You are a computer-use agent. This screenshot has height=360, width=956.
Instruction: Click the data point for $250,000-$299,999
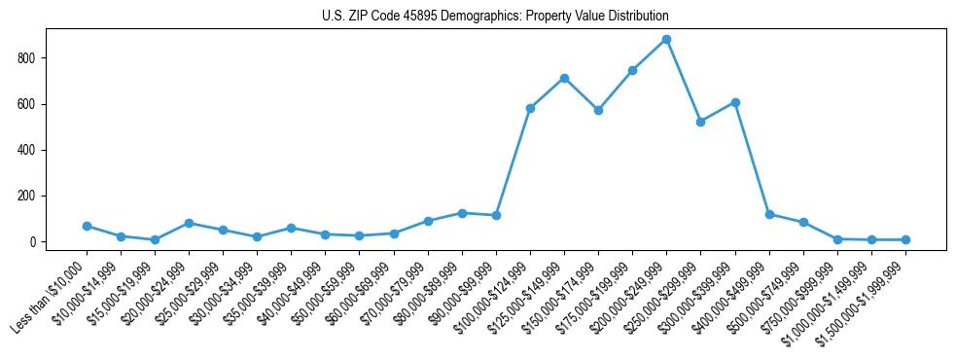(x=700, y=122)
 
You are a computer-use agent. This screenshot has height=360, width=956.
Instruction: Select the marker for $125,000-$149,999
(x=564, y=78)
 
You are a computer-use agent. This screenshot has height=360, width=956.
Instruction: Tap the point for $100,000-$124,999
(x=530, y=108)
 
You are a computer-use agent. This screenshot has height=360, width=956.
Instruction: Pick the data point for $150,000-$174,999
(x=598, y=110)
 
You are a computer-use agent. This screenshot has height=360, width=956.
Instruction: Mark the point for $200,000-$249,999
(x=666, y=40)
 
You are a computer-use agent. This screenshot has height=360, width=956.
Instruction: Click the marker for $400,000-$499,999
(x=769, y=214)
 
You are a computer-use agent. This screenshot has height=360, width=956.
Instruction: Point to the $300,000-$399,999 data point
(x=735, y=102)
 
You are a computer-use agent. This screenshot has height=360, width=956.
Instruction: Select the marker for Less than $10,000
(x=87, y=226)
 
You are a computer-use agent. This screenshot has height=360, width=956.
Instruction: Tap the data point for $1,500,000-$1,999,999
(x=905, y=239)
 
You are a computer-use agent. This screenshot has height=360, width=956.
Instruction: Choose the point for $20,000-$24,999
(x=189, y=223)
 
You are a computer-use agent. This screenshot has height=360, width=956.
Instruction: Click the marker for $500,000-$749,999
(x=803, y=222)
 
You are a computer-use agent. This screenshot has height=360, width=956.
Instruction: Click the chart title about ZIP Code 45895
(x=495, y=17)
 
